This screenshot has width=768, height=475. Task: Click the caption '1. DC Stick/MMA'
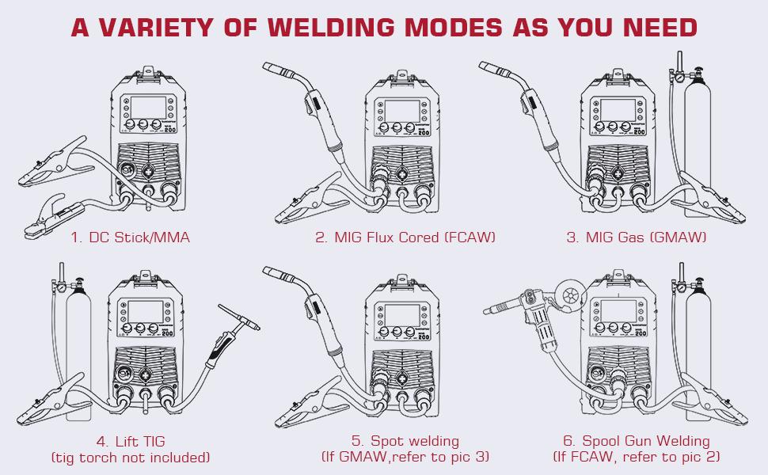point(131,237)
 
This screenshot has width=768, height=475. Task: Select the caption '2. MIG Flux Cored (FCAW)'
point(405,237)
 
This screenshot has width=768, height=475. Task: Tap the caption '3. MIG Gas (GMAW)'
point(636,237)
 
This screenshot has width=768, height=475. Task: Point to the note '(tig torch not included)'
point(131,458)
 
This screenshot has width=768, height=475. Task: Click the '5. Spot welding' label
point(405,441)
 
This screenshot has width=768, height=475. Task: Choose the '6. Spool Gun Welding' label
point(636,441)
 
